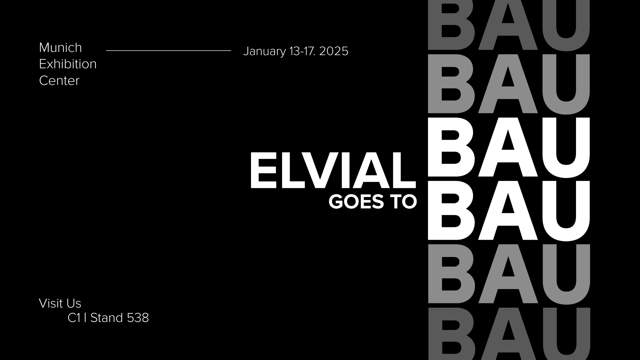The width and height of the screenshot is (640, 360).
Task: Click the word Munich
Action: point(60,48)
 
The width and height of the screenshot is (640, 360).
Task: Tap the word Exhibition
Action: point(68,64)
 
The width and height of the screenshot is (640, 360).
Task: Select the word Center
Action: point(59,81)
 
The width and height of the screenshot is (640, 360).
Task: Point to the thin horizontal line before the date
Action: point(169,51)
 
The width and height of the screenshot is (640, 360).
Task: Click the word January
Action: point(265,52)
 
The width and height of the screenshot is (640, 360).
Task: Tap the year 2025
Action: point(334,51)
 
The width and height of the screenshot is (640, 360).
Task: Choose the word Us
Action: point(74,303)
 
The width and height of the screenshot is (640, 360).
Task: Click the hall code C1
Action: point(74,318)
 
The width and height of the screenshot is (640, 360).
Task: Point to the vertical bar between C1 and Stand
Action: point(85,318)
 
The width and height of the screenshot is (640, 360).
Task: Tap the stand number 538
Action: point(138,318)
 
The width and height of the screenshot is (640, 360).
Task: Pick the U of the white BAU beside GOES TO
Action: point(566,211)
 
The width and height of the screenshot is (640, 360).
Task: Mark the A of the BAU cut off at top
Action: point(508,25)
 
